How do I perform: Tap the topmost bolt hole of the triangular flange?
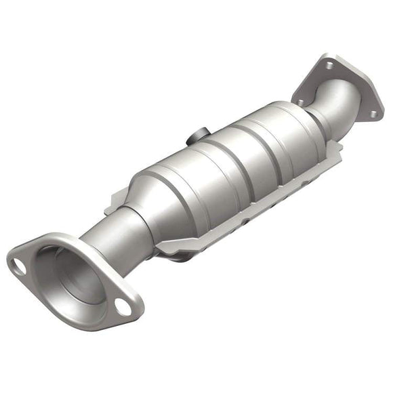(x=329, y=66)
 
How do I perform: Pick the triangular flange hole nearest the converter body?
(x=299, y=102)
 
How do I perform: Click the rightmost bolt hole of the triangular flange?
(x=372, y=114)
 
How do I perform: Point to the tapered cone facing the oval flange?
(x=152, y=196)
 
